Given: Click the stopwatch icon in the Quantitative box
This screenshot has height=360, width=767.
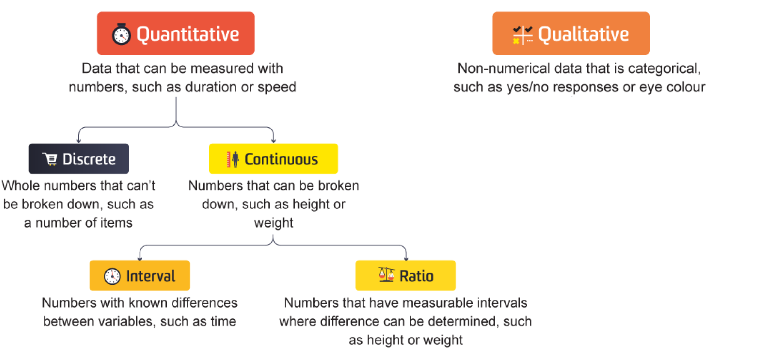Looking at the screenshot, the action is [x=121, y=34].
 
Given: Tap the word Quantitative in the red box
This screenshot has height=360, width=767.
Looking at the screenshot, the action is [x=188, y=35].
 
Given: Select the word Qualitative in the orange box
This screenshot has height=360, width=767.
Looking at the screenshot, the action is [x=583, y=35].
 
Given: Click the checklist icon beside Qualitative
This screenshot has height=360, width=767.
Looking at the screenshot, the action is [x=523, y=35].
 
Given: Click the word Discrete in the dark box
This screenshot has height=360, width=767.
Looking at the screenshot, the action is [x=89, y=159].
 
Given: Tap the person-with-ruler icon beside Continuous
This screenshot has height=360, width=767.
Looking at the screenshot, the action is [x=233, y=159].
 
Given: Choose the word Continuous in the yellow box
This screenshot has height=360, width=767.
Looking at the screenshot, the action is [x=281, y=159].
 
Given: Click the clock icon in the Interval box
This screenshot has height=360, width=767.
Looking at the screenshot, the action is [x=112, y=276].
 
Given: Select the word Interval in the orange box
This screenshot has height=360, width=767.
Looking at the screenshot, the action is [x=151, y=276].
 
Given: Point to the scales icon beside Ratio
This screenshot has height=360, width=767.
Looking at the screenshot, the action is [x=386, y=274].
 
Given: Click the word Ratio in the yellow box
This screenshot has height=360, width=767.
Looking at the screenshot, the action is [x=416, y=276].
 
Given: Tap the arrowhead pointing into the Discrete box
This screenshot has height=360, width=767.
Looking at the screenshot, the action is [x=79, y=141].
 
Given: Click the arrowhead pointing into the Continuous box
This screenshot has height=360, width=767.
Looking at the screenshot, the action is [x=273, y=141].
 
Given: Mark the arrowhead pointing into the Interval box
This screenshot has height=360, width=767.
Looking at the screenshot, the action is [x=140, y=258].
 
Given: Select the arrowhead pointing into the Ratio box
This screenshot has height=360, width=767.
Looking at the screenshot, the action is [x=406, y=258].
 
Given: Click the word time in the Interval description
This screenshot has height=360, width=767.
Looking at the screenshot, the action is [x=223, y=321].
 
